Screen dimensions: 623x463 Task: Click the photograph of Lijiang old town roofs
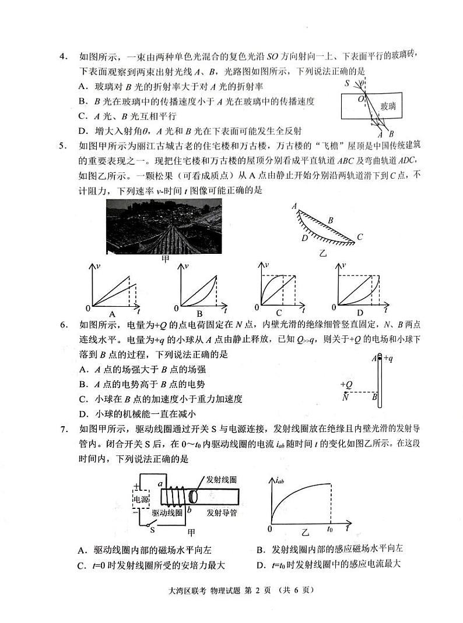[164, 226]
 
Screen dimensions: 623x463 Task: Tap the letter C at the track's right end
[360, 236]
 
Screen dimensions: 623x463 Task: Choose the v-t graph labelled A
[113, 288]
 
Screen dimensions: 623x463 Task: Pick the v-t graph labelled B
[199, 288]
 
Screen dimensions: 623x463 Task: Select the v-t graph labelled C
[279, 288]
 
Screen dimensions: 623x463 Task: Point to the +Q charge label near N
[346, 384]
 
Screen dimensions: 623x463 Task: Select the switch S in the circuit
[153, 530]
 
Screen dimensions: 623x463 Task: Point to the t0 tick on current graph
[330, 530]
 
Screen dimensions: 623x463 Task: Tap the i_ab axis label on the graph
[279, 481]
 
